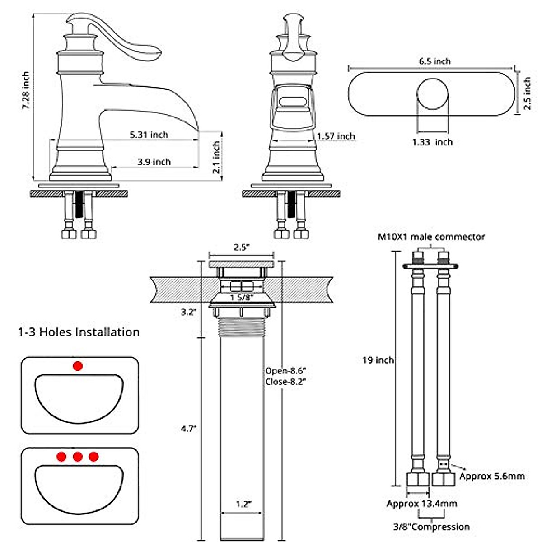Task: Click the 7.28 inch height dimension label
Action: point(26,90)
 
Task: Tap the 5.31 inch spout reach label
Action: point(149,135)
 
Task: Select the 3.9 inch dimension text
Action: point(154,162)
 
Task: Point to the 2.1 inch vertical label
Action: point(216,157)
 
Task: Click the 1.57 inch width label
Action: point(336,136)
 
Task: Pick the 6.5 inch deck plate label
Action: point(435,61)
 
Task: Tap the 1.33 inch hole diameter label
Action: point(432,142)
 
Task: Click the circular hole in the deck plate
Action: point(432,93)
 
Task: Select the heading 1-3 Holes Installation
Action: point(79,332)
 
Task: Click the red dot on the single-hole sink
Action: point(78,366)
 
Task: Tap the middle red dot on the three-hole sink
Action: point(78,457)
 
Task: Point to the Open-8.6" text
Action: point(285,371)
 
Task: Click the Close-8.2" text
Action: point(285,382)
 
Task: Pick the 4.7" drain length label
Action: point(189,429)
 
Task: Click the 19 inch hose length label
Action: point(378,360)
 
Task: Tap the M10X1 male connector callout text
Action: point(431,237)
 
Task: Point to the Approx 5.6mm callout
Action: point(492,476)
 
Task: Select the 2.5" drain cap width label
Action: point(242,247)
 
